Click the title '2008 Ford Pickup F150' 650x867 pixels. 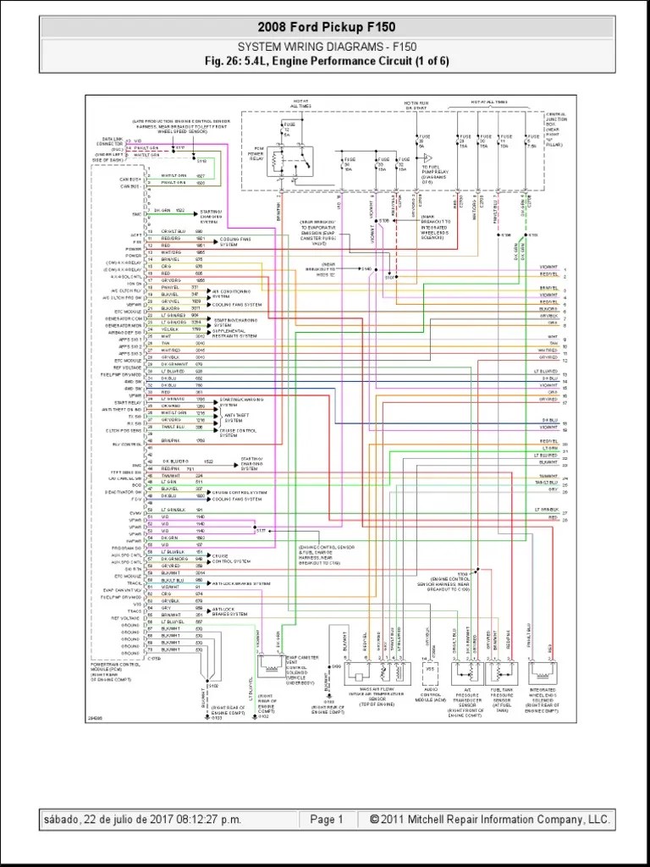pos(326,28)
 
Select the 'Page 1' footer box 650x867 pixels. pos(327,820)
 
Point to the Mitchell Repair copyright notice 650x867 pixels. pos(490,820)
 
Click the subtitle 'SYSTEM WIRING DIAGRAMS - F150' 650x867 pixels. pos(326,47)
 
